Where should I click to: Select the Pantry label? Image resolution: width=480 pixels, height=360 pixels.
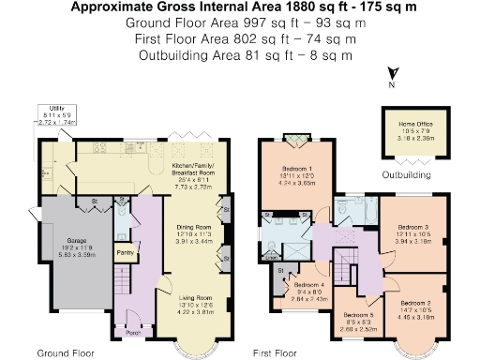[124, 252]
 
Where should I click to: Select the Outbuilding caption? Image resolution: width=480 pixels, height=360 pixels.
[405, 174]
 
